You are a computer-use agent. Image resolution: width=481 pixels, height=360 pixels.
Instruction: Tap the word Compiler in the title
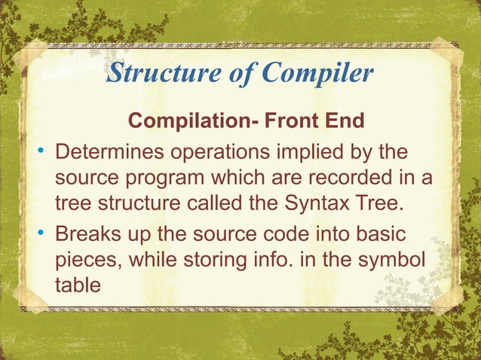[x=317, y=74]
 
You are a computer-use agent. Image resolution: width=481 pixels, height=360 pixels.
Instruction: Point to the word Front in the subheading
[x=265, y=121]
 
